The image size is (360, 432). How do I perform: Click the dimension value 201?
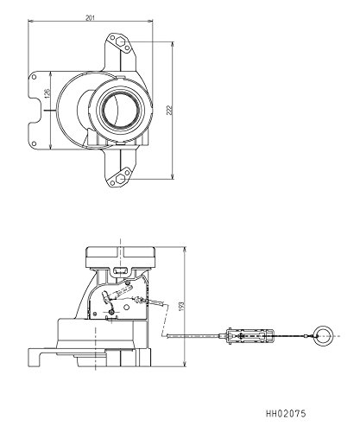click(x=90, y=17)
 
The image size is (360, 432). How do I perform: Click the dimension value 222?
click(x=170, y=110)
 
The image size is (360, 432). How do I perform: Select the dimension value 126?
click(x=47, y=93)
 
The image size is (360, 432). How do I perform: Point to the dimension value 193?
click(x=181, y=307)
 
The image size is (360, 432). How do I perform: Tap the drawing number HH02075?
click(x=286, y=414)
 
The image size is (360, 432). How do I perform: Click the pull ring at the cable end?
click(x=323, y=336)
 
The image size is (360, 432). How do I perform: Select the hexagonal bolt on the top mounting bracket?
click(x=121, y=42)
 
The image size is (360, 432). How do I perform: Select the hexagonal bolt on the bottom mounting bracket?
click(x=121, y=179)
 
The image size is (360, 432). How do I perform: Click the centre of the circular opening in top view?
click(x=122, y=110)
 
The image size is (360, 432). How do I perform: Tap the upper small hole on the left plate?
click(x=34, y=77)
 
